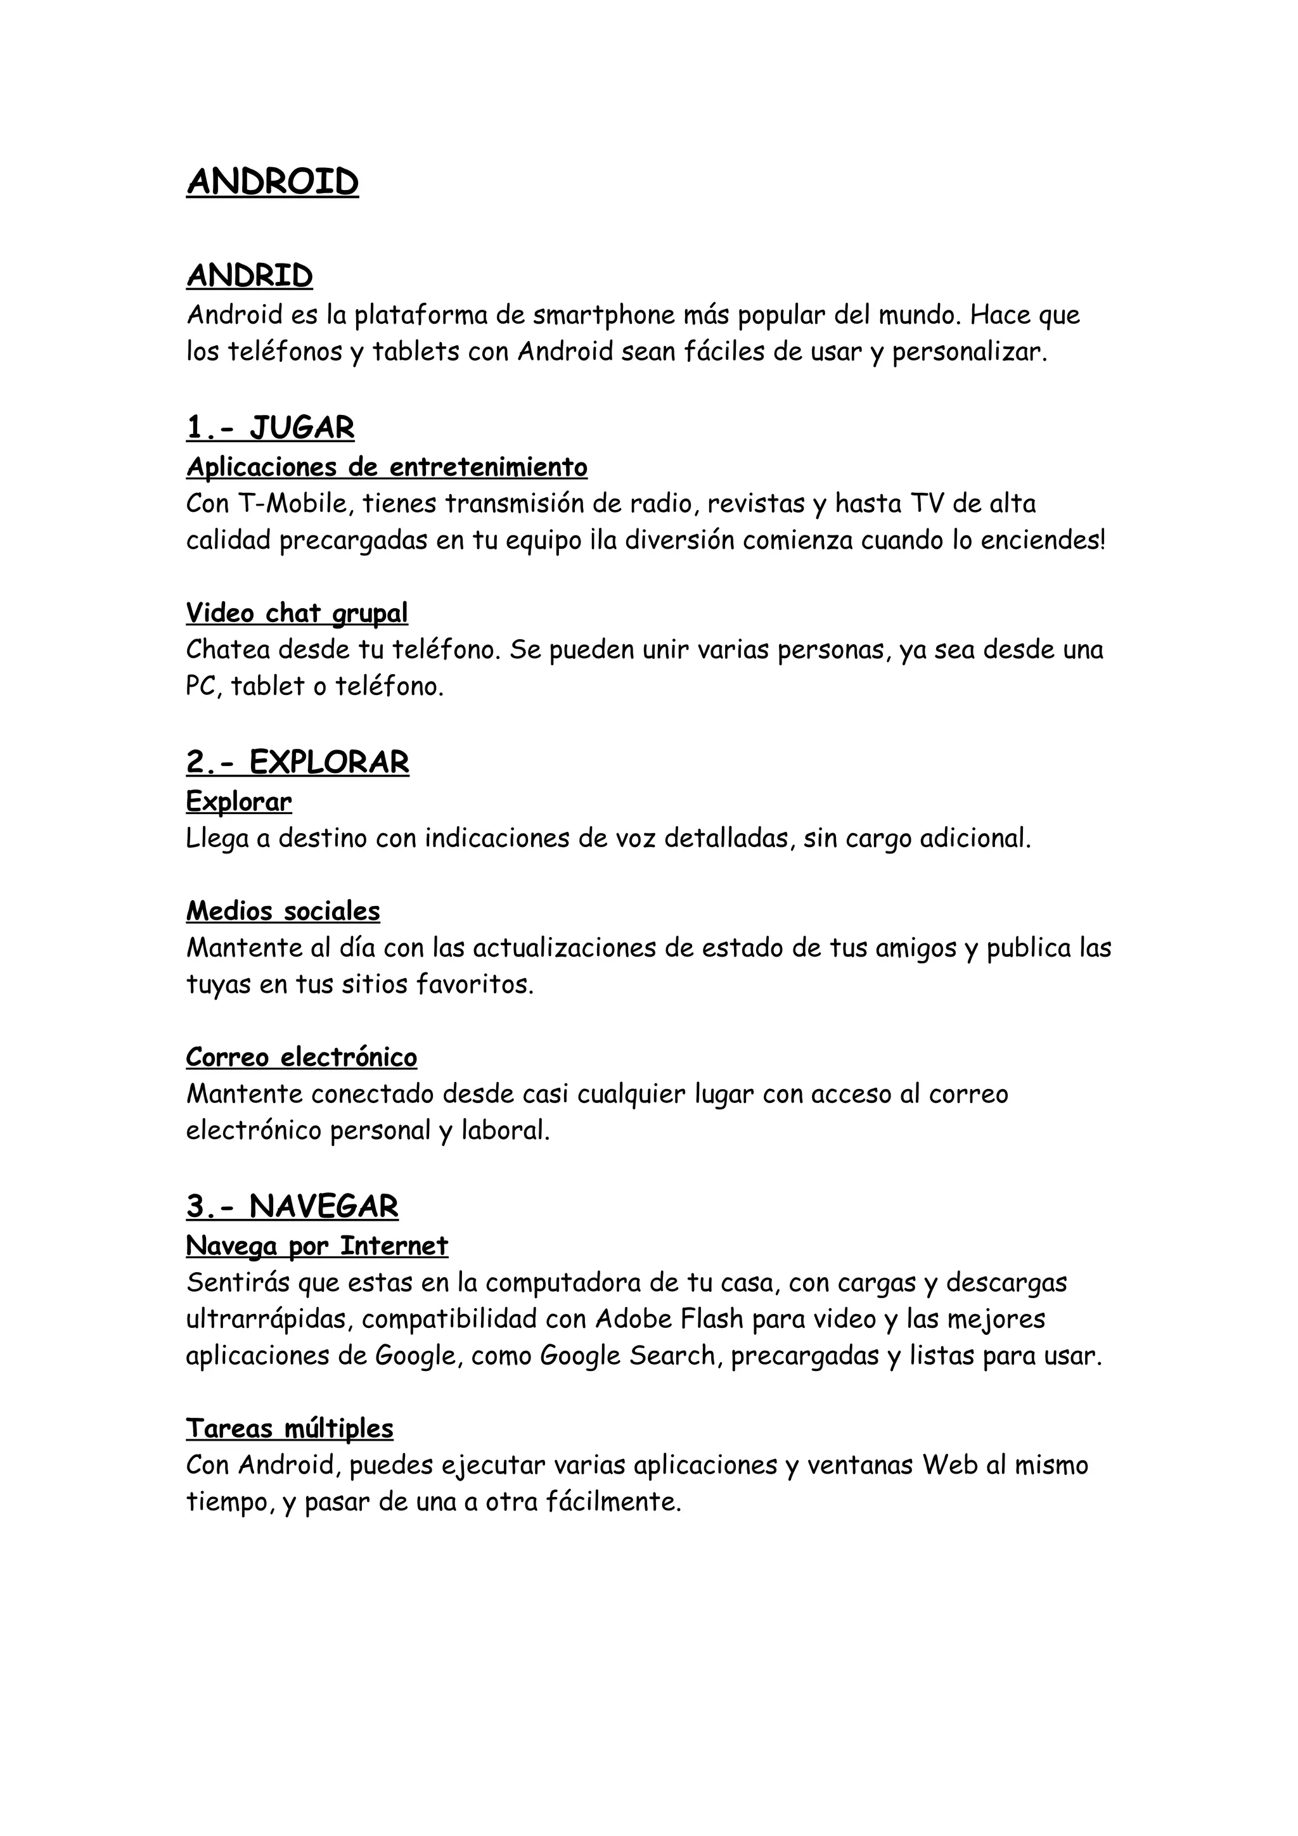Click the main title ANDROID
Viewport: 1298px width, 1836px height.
tap(273, 182)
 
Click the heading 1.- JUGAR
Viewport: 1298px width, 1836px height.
tap(271, 429)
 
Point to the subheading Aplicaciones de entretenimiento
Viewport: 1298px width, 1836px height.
tap(387, 466)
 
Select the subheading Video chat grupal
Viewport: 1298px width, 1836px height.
tap(297, 613)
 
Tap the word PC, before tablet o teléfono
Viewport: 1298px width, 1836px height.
tap(203, 686)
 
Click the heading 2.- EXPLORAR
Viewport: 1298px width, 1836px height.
tap(297, 763)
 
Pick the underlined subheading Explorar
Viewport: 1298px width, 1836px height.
tap(239, 801)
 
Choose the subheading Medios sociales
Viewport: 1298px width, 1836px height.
tap(283, 911)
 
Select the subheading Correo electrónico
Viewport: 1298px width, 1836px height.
tap(302, 1057)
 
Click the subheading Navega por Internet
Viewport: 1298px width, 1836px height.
tap(317, 1246)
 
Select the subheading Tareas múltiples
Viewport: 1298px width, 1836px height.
tap(290, 1428)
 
